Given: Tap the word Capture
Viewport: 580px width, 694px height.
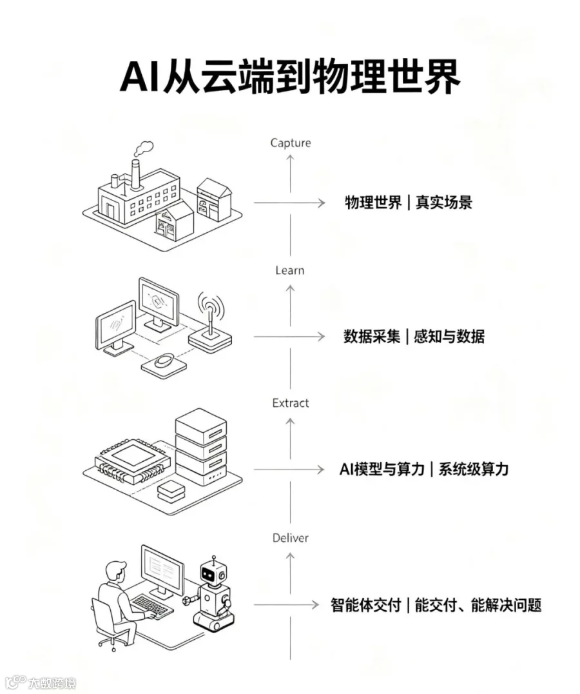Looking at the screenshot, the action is coord(291,143).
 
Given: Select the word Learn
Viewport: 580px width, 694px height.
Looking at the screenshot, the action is coord(290,270).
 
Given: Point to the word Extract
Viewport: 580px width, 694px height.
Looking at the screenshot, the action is coord(291,403).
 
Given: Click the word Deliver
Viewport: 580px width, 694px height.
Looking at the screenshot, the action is coord(291,538).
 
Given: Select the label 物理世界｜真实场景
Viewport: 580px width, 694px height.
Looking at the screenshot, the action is coord(409,203).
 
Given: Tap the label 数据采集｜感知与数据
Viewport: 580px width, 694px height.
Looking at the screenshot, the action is coord(414,337).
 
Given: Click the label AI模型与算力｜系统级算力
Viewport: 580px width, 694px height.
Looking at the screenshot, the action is coord(424,469).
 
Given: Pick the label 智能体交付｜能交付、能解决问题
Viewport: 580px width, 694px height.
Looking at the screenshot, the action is coord(436,604).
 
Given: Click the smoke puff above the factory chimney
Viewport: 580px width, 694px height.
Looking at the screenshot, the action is coord(143,148).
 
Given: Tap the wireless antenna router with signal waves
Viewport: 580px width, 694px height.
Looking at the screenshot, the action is coord(210,323).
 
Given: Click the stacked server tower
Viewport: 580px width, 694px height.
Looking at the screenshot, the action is coord(201,446).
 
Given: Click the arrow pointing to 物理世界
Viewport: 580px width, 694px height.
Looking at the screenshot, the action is coord(289,203).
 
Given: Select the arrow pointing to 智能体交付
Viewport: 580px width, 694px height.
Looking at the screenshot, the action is coord(287,604).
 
